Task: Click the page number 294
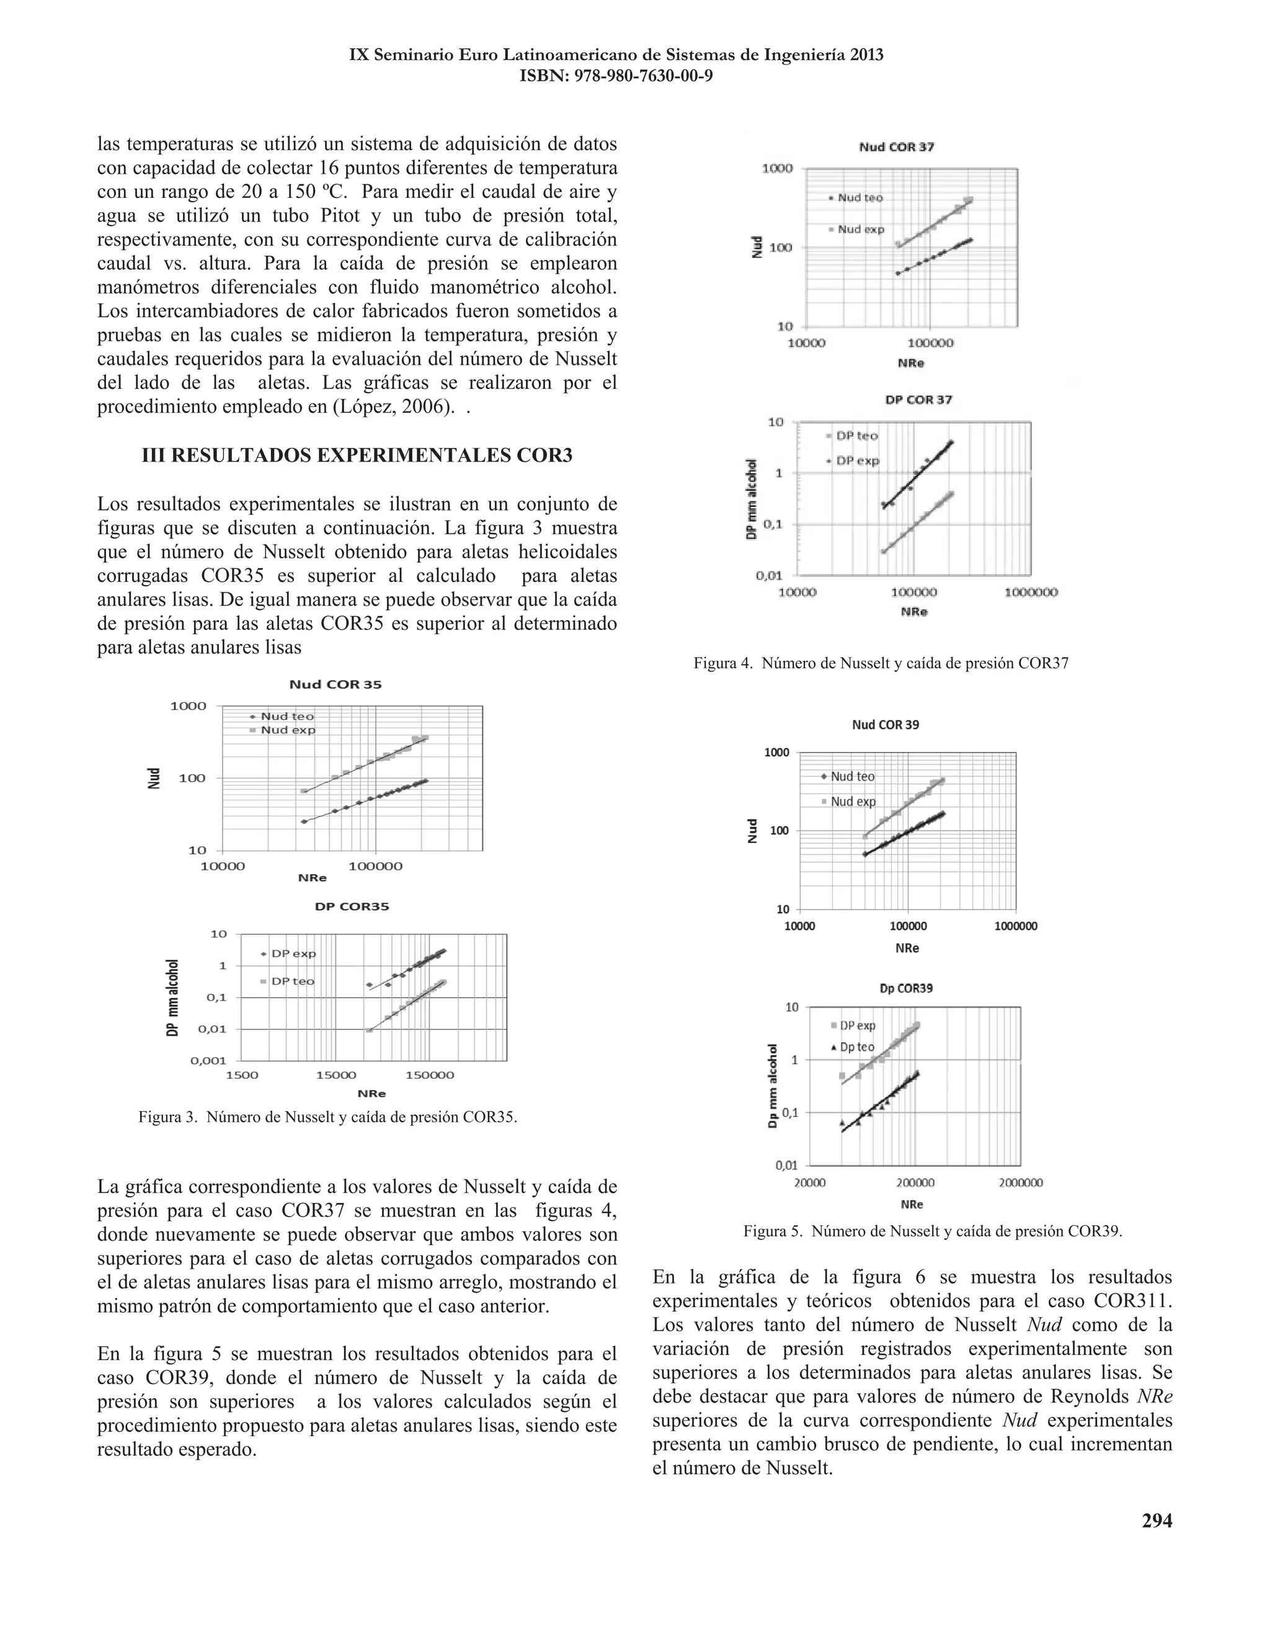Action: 1157,1521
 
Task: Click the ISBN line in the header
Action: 616,76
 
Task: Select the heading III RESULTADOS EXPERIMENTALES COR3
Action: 357,455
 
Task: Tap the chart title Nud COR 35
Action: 335,684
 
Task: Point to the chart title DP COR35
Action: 352,906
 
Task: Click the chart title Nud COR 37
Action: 896,147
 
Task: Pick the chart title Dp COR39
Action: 906,988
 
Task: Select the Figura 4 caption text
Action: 881,663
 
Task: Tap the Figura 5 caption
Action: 932,1231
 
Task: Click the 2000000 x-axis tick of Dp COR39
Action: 1020,1182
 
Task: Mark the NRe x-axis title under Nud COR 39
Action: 907,949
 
